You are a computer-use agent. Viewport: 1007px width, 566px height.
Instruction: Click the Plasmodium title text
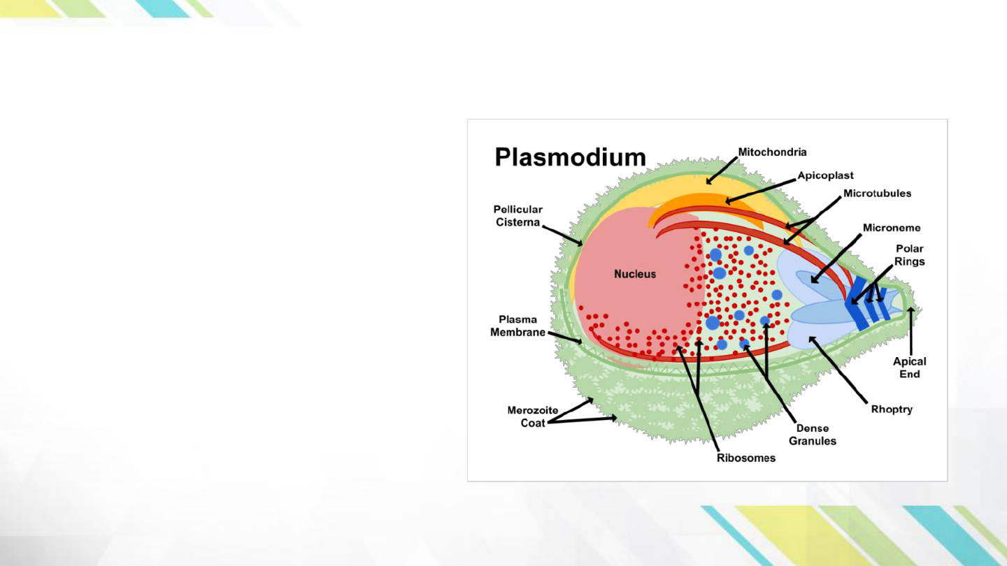coord(570,157)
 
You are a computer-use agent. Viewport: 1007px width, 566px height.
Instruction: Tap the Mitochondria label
coord(772,152)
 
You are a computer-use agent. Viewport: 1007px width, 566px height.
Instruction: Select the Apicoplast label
coord(825,175)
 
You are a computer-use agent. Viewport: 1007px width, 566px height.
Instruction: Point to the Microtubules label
coord(877,194)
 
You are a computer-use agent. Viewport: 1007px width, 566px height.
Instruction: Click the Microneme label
coord(892,228)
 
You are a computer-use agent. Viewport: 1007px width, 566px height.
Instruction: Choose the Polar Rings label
coord(909,255)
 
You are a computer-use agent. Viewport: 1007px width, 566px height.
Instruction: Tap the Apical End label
coord(909,368)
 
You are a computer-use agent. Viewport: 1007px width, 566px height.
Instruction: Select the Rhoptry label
coord(892,409)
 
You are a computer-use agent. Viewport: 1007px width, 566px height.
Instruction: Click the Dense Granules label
coord(813,435)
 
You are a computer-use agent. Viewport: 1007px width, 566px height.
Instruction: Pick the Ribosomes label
coord(745,458)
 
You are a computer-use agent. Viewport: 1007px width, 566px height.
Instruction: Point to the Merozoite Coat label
coord(533,416)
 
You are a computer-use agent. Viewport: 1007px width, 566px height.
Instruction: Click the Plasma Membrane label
coord(517,326)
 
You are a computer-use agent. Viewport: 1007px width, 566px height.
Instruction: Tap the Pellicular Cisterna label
coord(518,216)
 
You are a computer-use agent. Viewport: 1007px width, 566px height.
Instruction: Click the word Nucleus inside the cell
coord(635,274)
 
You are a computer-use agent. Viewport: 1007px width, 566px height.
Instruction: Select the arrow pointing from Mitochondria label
coord(722,170)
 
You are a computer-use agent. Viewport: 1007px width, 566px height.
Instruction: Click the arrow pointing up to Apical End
coord(910,331)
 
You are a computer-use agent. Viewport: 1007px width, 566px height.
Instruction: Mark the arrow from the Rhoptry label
coord(838,369)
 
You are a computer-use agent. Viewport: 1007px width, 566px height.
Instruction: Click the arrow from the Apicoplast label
coord(760,191)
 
